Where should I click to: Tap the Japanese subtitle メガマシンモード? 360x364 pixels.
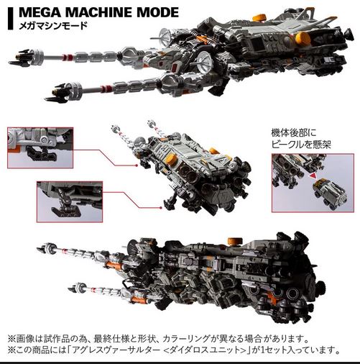pyautogui.click(x=53, y=25)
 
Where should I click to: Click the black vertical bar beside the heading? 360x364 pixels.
pyautogui.click(x=10, y=19)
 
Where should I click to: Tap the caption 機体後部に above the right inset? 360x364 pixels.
pyautogui.click(x=293, y=132)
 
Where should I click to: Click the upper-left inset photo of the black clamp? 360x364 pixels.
pyautogui.click(x=40, y=147)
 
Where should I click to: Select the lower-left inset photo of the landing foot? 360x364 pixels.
pyautogui.click(x=70, y=201)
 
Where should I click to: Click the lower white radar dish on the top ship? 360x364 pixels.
pyautogui.click(x=203, y=62)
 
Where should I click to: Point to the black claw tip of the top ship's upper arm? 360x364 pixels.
pyautogui.click(x=20, y=57)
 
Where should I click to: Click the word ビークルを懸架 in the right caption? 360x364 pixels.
pyautogui.click(x=301, y=144)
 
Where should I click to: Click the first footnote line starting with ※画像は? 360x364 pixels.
pyautogui.click(x=158, y=339)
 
